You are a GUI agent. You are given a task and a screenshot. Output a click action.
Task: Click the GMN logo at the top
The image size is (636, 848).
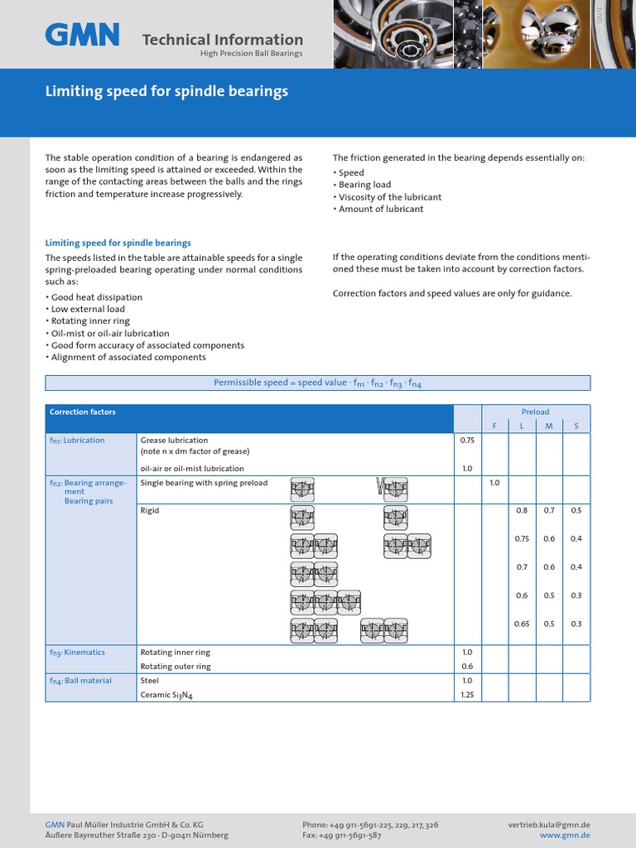[82, 35]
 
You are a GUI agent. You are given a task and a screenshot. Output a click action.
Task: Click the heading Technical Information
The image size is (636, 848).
[222, 39]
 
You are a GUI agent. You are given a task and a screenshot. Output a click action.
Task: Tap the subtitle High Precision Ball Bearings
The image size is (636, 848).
[251, 54]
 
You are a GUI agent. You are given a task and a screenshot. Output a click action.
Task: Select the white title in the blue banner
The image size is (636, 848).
[166, 91]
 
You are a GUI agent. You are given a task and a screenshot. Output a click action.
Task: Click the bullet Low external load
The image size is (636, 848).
[88, 309]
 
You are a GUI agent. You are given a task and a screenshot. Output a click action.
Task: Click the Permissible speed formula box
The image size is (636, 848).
[317, 383]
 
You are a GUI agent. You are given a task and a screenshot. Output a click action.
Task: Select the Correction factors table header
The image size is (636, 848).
[83, 412]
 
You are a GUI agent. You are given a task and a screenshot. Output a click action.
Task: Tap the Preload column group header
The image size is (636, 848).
[535, 412]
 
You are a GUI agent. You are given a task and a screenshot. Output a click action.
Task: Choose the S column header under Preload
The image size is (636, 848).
[576, 426]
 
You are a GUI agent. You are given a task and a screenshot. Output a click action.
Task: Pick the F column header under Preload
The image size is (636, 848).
[494, 426]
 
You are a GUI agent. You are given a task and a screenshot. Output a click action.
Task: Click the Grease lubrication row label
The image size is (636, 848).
[174, 441]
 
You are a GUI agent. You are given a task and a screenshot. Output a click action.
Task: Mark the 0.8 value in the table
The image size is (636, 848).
[522, 511]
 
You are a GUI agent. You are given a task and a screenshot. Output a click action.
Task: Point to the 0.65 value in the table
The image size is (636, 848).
[522, 624]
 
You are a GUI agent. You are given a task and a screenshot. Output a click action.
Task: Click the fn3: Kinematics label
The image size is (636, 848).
[78, 653]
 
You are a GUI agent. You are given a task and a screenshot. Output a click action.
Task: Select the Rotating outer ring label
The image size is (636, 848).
[176, 667]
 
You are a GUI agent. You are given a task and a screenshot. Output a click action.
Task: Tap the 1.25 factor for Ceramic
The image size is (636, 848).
[466, 695]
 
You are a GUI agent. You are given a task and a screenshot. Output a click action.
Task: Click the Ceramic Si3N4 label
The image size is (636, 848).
[171, 696]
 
